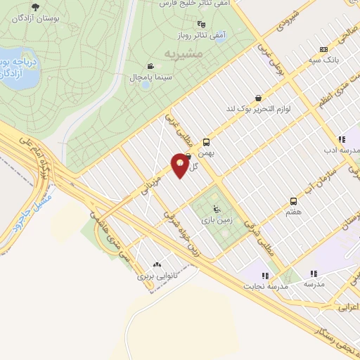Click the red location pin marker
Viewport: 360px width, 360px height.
click(180, 166)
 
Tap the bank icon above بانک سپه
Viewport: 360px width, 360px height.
click(323, 49)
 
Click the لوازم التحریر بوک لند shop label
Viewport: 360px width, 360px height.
click(259, 109)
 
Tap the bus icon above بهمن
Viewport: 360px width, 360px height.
click(206, 141)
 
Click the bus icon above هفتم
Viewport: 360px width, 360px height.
click(293, 201)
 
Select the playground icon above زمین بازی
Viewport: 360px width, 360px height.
click(217, 208)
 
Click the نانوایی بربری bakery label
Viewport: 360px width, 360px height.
click(155, 276)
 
